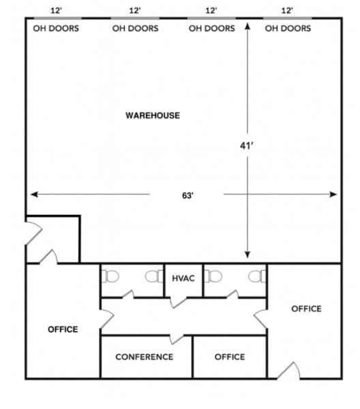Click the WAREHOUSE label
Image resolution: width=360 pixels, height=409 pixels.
[x=153, y=115]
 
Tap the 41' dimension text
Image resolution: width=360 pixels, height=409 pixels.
[x=247, y=145]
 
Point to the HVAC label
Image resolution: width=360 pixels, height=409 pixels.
[x=183, y=278]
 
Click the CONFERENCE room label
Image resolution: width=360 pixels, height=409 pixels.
[x=144, y=357]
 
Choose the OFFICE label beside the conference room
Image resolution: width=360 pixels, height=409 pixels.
[x=229, y=357]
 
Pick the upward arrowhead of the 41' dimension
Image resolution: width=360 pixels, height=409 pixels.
[x=247, y=27]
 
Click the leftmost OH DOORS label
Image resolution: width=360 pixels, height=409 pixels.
[x=56, y=29]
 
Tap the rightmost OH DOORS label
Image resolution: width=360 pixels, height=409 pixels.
[x=288, y=29]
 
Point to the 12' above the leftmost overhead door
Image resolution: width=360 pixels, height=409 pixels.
[x=58, y=11]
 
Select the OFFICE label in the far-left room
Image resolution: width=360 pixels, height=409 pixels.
[x=63, y=329]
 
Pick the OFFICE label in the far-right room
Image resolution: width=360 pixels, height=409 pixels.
[x=306, y=309]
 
